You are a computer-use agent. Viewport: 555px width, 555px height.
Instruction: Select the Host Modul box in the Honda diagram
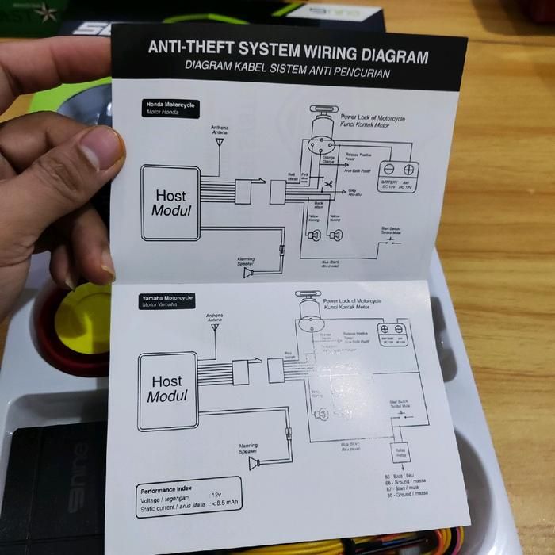coord(170,202)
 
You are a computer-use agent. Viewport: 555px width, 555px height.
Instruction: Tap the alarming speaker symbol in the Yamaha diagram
coord(254,462)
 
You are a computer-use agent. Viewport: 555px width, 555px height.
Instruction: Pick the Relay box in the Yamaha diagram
coord(400,452)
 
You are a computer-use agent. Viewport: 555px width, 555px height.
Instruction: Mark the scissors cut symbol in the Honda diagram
coord(325,186)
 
